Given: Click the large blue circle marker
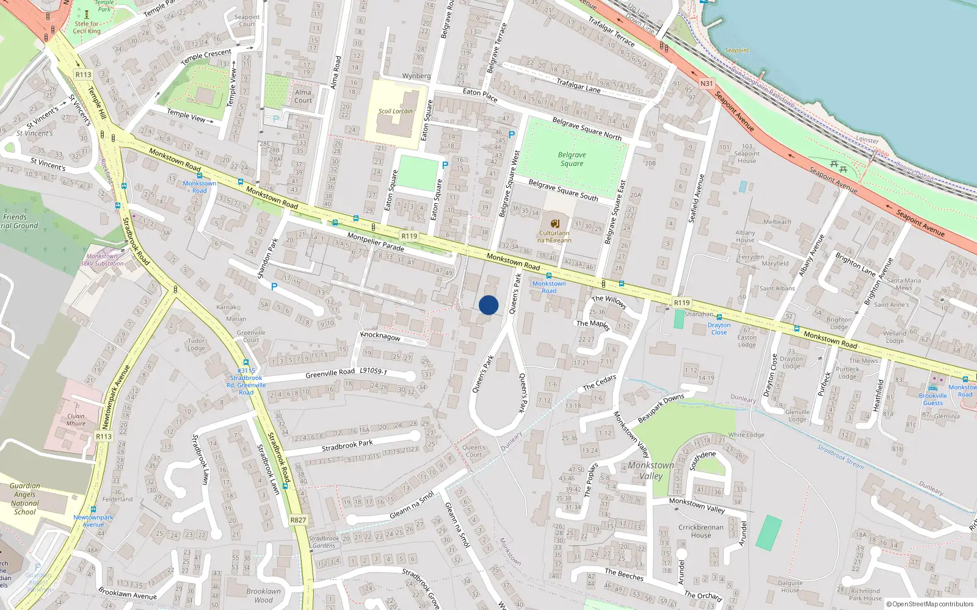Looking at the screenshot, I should tap(488, 305).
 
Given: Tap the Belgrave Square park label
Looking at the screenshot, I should tap(572, 159).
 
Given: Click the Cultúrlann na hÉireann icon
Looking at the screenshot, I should tap(554, 224).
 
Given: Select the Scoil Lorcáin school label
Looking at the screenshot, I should tap(395, 111).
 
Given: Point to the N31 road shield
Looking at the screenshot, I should tap(706, 84).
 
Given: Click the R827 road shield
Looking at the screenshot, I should tap(298, 520).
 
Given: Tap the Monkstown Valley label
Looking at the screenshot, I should tap(651, 470).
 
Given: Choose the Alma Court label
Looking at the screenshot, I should tap(303, 96).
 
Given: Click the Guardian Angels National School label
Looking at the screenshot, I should tap(25, 499).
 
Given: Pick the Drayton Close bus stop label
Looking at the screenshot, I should tap(719, 329).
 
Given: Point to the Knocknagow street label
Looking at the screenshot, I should tap(380, 336).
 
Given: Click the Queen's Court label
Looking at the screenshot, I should tap(474, 451).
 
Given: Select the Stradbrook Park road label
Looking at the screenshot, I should tap(347, 446).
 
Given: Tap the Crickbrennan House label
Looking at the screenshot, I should tap(700, 531).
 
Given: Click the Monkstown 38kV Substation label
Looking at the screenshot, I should tap(102, 260).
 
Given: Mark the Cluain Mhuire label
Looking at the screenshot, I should tap(76, 420).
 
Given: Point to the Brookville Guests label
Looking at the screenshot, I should tap(932, 399).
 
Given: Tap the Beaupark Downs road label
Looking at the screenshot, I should tap(661, 409).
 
